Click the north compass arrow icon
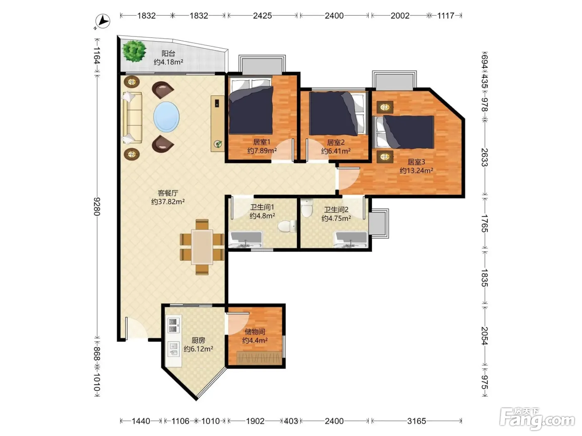point(103,21)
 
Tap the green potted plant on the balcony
point(134,51)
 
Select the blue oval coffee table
point(166,117)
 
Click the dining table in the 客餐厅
point(202,247)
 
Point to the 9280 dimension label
point(97,207)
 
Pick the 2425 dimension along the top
point(262,16)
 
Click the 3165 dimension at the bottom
point(417,421)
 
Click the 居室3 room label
point(416,162)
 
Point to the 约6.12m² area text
point(198,349)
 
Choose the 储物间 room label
point(255,331)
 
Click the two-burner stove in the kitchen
point(173,326)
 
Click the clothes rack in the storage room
point(259,358)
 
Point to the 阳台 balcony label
point(168,54)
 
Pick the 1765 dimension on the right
point(484,223)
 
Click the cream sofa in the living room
point(132,118)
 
